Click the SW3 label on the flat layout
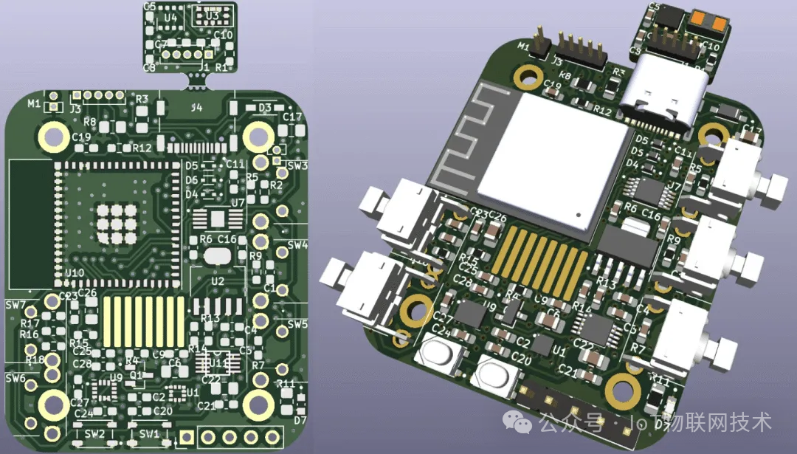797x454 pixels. (298, 165)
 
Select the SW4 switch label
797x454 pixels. (298, 245)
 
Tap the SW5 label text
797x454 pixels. (298, 324)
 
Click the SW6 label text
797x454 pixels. (15, 378)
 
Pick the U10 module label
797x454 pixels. (75, 273)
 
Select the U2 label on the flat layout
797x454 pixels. (218, 281)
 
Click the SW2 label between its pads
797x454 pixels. (95, 433)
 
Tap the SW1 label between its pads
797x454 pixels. (149, 433)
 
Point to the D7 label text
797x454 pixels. (300, 420)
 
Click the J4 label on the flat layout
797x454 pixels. (196, 108)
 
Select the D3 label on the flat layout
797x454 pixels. (265, 108)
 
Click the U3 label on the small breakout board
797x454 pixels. (213, 15)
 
